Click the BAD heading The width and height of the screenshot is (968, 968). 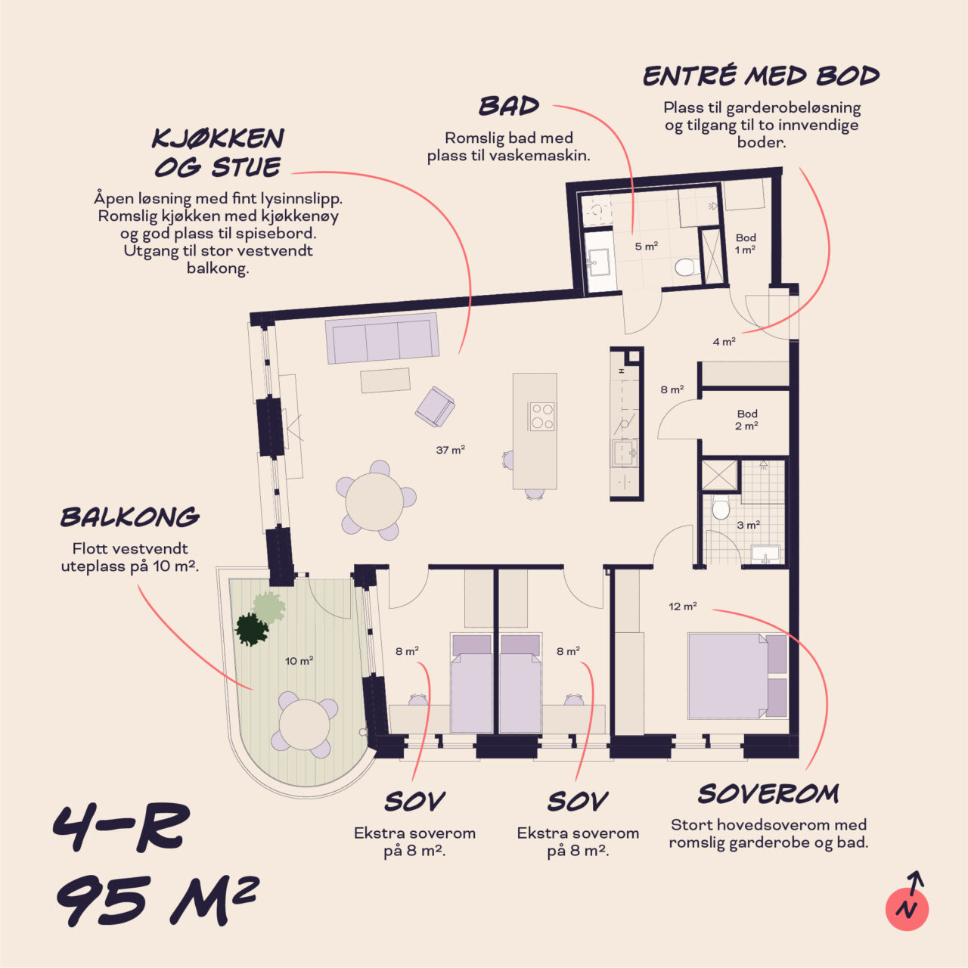point(509,107)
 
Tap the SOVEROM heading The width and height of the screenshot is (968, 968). point(768,794)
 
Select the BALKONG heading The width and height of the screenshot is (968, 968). point(130,517)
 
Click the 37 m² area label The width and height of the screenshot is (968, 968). point(450,449)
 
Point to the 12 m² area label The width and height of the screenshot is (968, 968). point(683,607)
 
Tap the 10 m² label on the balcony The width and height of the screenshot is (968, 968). point(299,660)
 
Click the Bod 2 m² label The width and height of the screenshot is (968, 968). point(747,420)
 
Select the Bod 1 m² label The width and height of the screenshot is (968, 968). point(746,243)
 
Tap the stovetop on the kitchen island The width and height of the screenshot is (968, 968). point(541,417)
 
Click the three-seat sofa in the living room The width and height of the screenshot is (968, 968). point(382,338)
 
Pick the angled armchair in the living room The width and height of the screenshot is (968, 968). point(435,406)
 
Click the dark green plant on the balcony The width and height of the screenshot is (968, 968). point(251,629)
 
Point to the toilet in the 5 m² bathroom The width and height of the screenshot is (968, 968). point(687,267)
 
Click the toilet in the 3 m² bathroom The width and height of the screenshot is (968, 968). point(721,507)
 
